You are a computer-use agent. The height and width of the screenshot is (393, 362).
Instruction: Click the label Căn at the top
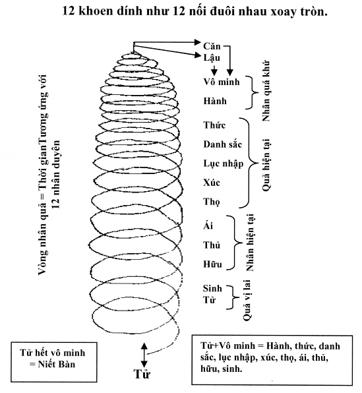click(212, 46)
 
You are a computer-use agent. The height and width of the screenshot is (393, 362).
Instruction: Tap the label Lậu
click(212, 58)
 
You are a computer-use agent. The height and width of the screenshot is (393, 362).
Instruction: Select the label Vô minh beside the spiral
click(222, 82)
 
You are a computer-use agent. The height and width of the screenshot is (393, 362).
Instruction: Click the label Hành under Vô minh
click(215, 101)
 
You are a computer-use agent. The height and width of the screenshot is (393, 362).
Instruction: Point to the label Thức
click(214, 125)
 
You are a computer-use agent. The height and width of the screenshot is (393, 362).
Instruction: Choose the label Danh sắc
click(223, 144)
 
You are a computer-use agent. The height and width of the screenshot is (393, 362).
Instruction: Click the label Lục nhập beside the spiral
click(223, 164)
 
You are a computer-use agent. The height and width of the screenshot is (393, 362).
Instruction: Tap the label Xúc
click(212, 183)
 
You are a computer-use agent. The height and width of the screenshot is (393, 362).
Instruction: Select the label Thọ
click(212, 202)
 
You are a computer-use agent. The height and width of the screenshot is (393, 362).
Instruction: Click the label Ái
click(208, 226)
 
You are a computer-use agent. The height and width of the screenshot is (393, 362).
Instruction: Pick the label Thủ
click(212, 245)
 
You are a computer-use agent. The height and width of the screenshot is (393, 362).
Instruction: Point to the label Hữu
click(212, 264)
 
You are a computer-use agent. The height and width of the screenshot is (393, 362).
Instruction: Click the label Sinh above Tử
click(212, 288)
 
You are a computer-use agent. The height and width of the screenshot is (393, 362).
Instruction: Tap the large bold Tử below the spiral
click(142, 374)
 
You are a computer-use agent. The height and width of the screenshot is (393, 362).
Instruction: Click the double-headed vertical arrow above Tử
click(144, 355)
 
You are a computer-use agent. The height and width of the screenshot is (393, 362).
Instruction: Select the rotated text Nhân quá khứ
click(266, 91)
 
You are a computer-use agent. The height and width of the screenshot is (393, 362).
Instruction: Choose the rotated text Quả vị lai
click(247, 300)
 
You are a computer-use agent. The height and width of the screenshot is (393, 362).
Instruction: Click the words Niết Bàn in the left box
click(57, 364)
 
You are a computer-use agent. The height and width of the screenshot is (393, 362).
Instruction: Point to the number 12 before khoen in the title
click(69, 11)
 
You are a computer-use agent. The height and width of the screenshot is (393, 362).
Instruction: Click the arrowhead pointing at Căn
click(198, 42)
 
